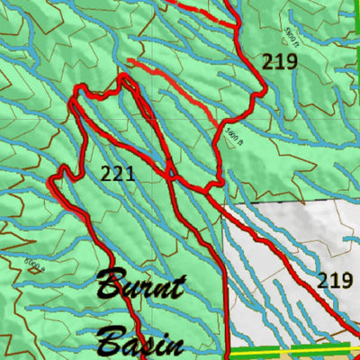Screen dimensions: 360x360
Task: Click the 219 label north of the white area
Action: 280,61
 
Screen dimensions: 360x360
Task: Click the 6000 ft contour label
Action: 33,265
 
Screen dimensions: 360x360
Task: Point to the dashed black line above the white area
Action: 288,202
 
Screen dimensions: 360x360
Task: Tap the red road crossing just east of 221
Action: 168,171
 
